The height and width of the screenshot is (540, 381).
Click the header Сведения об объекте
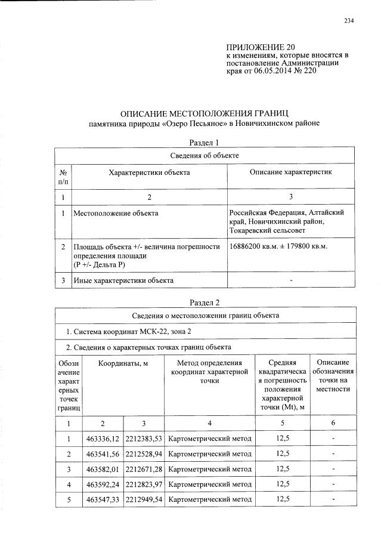click(x=205, y=155)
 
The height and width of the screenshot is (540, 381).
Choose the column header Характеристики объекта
click(x=149, y=172)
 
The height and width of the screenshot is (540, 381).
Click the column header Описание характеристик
click(x=290, y=172)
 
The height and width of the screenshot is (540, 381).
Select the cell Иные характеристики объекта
click(x=123, y=280)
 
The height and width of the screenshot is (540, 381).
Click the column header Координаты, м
click(x=123, y=363)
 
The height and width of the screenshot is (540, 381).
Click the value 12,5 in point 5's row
click(x=283, y=498)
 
